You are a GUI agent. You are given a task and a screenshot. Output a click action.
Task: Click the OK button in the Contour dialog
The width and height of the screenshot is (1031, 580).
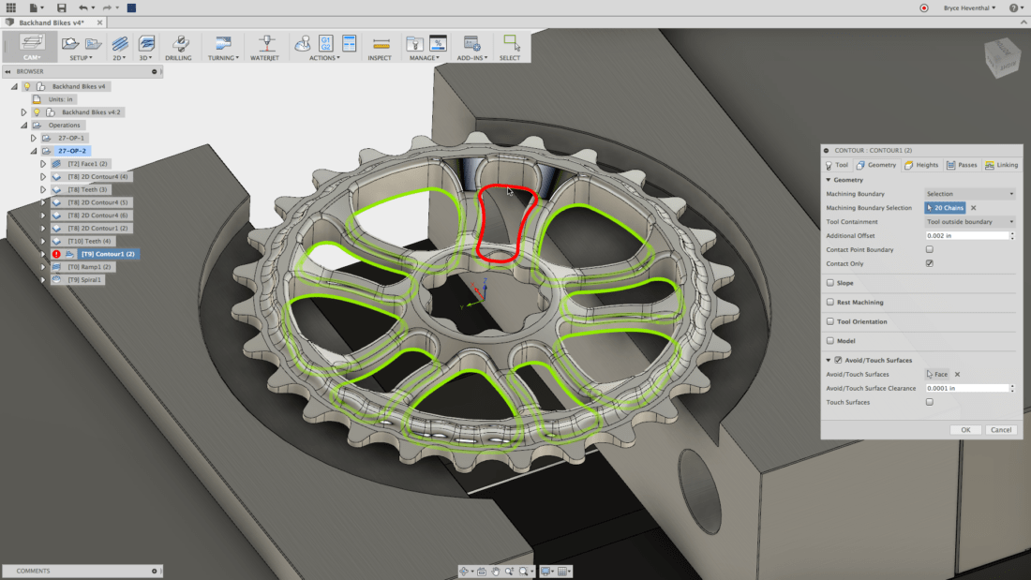(x=965, y=429)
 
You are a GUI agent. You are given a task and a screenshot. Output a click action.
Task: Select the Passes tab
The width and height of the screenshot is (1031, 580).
(x=962, y=165)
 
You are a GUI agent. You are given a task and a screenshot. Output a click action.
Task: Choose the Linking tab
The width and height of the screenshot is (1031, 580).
(x=1001, y=165)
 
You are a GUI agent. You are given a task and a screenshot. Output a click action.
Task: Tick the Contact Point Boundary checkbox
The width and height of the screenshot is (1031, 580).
(x=929, y=250)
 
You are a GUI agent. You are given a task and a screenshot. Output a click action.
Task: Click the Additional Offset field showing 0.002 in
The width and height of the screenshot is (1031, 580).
(x=965, y=235)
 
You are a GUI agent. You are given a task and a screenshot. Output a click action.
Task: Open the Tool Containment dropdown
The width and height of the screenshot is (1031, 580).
(x=969, y=222)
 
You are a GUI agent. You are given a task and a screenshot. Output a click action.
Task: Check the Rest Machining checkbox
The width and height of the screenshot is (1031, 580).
(x=829, y=303)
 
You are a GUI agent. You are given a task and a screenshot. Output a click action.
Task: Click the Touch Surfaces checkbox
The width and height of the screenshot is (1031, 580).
(x=929, y=402)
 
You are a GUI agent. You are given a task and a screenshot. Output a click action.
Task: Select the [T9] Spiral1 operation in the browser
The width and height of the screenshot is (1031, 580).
(x=84, y=279)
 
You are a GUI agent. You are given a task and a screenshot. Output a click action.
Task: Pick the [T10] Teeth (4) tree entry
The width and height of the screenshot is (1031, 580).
(x=89, y=241)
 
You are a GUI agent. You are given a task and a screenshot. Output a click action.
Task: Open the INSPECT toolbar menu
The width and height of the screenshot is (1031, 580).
(x=380, y=58)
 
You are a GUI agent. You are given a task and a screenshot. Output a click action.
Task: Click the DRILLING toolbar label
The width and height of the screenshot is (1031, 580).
(x=178, y=58)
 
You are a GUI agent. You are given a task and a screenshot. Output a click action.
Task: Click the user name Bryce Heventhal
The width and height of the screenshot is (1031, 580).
(x=965, y=7)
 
